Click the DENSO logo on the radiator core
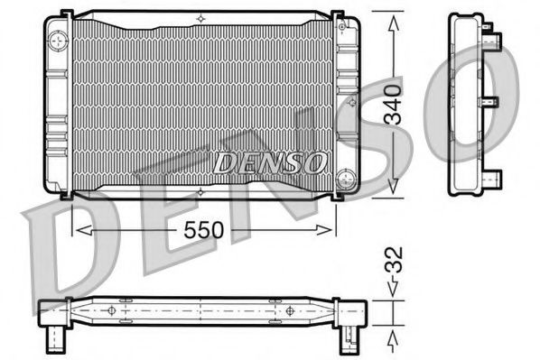pos(270,162)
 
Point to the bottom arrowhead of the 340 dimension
pos(392,189)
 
